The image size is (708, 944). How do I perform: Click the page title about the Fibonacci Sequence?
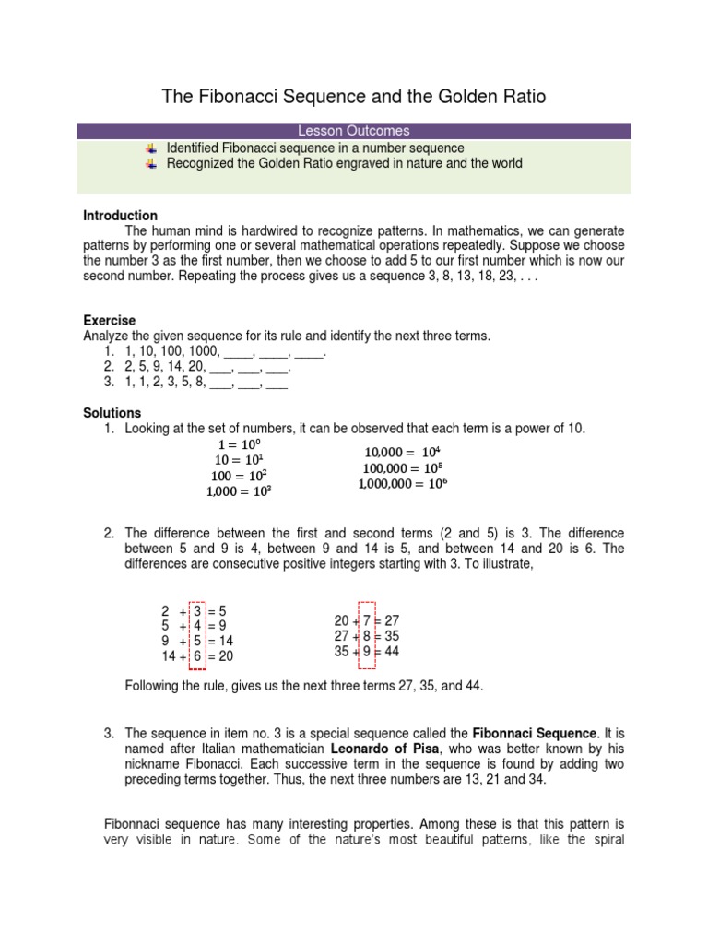[x=354, y=96]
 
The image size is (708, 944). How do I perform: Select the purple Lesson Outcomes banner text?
[x=354, y=131]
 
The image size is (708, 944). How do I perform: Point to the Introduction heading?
[x=120, y=216]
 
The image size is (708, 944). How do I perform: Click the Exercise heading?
[x=109, y=321]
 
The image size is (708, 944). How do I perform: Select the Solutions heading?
[x=112, y=413]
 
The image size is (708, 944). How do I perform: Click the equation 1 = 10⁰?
[x=238, y=444]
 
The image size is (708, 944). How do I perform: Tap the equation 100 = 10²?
[x=238, y=475]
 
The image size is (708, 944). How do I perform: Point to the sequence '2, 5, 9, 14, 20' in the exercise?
[x=166, y=366]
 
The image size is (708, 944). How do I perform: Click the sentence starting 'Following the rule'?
[x=303, y=687]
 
